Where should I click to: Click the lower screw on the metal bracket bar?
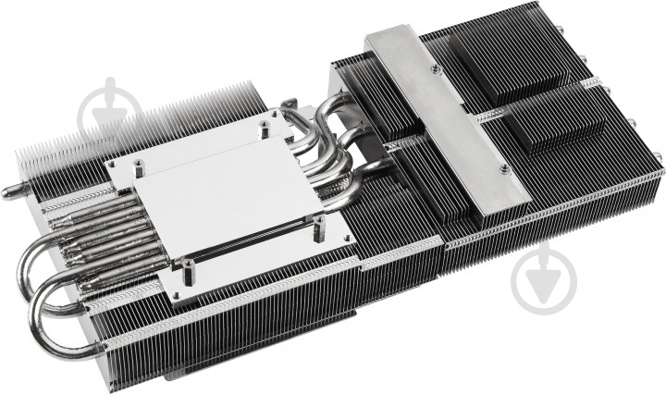click(x=503, y=170)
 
